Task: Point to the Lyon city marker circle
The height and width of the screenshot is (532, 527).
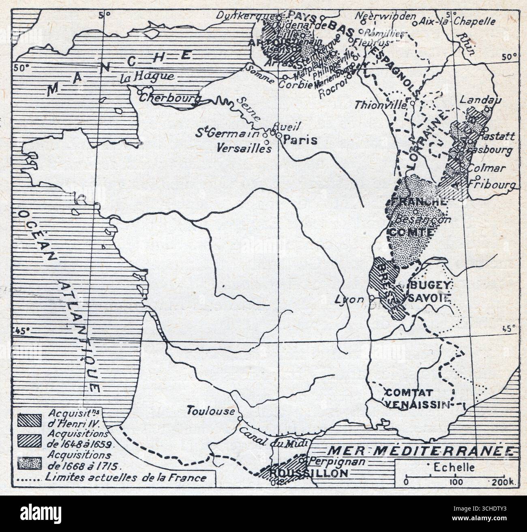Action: point(371,299)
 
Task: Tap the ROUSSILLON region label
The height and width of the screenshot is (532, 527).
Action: point(313,473)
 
